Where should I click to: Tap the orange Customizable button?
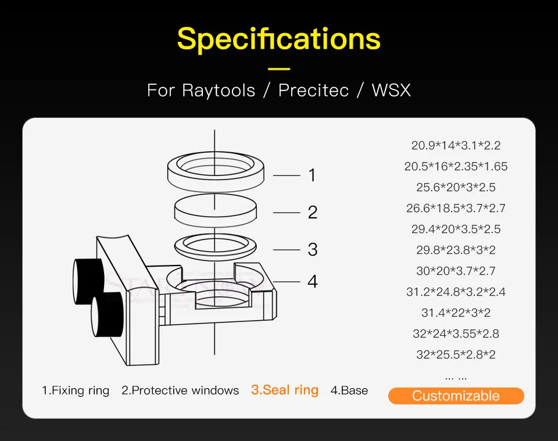pyautogui.click(x=456, y=396)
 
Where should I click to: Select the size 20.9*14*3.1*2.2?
pyautogui.click(x=456, y=145)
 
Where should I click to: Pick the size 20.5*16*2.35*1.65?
pyautogui.click(x=456, y=166)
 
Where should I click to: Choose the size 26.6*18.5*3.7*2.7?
pyautogui.click(x=456, y=208)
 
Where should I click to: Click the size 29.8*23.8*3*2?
pyautogui.click(x=456, y=250)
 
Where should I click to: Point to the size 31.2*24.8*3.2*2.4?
pyautogui.click(x=456, y=292)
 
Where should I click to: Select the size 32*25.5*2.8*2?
pyautogui.click(x=456, y=354)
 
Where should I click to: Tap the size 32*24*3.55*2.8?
pyautogui.click(x=456, y=334)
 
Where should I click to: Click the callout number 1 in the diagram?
pyautogui.click(x=312, y=174)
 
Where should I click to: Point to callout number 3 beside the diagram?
pyautogui.click(x=312, y=249)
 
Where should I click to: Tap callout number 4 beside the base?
pyautogui.click(x=312, y=282)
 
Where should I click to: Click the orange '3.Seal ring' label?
pyautogui.click(x=285, y=390)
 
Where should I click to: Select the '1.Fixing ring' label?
pyautogui.click(x=76, y=390)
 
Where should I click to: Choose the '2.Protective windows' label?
pyautogui.click(x=180, y=390)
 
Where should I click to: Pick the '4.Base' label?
pyautogui.click(x=349, y=390)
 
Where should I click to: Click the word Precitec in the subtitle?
pyautogui.click(x=314, y=91)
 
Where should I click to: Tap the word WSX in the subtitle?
pyautogui.click(x=391, y=91)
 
